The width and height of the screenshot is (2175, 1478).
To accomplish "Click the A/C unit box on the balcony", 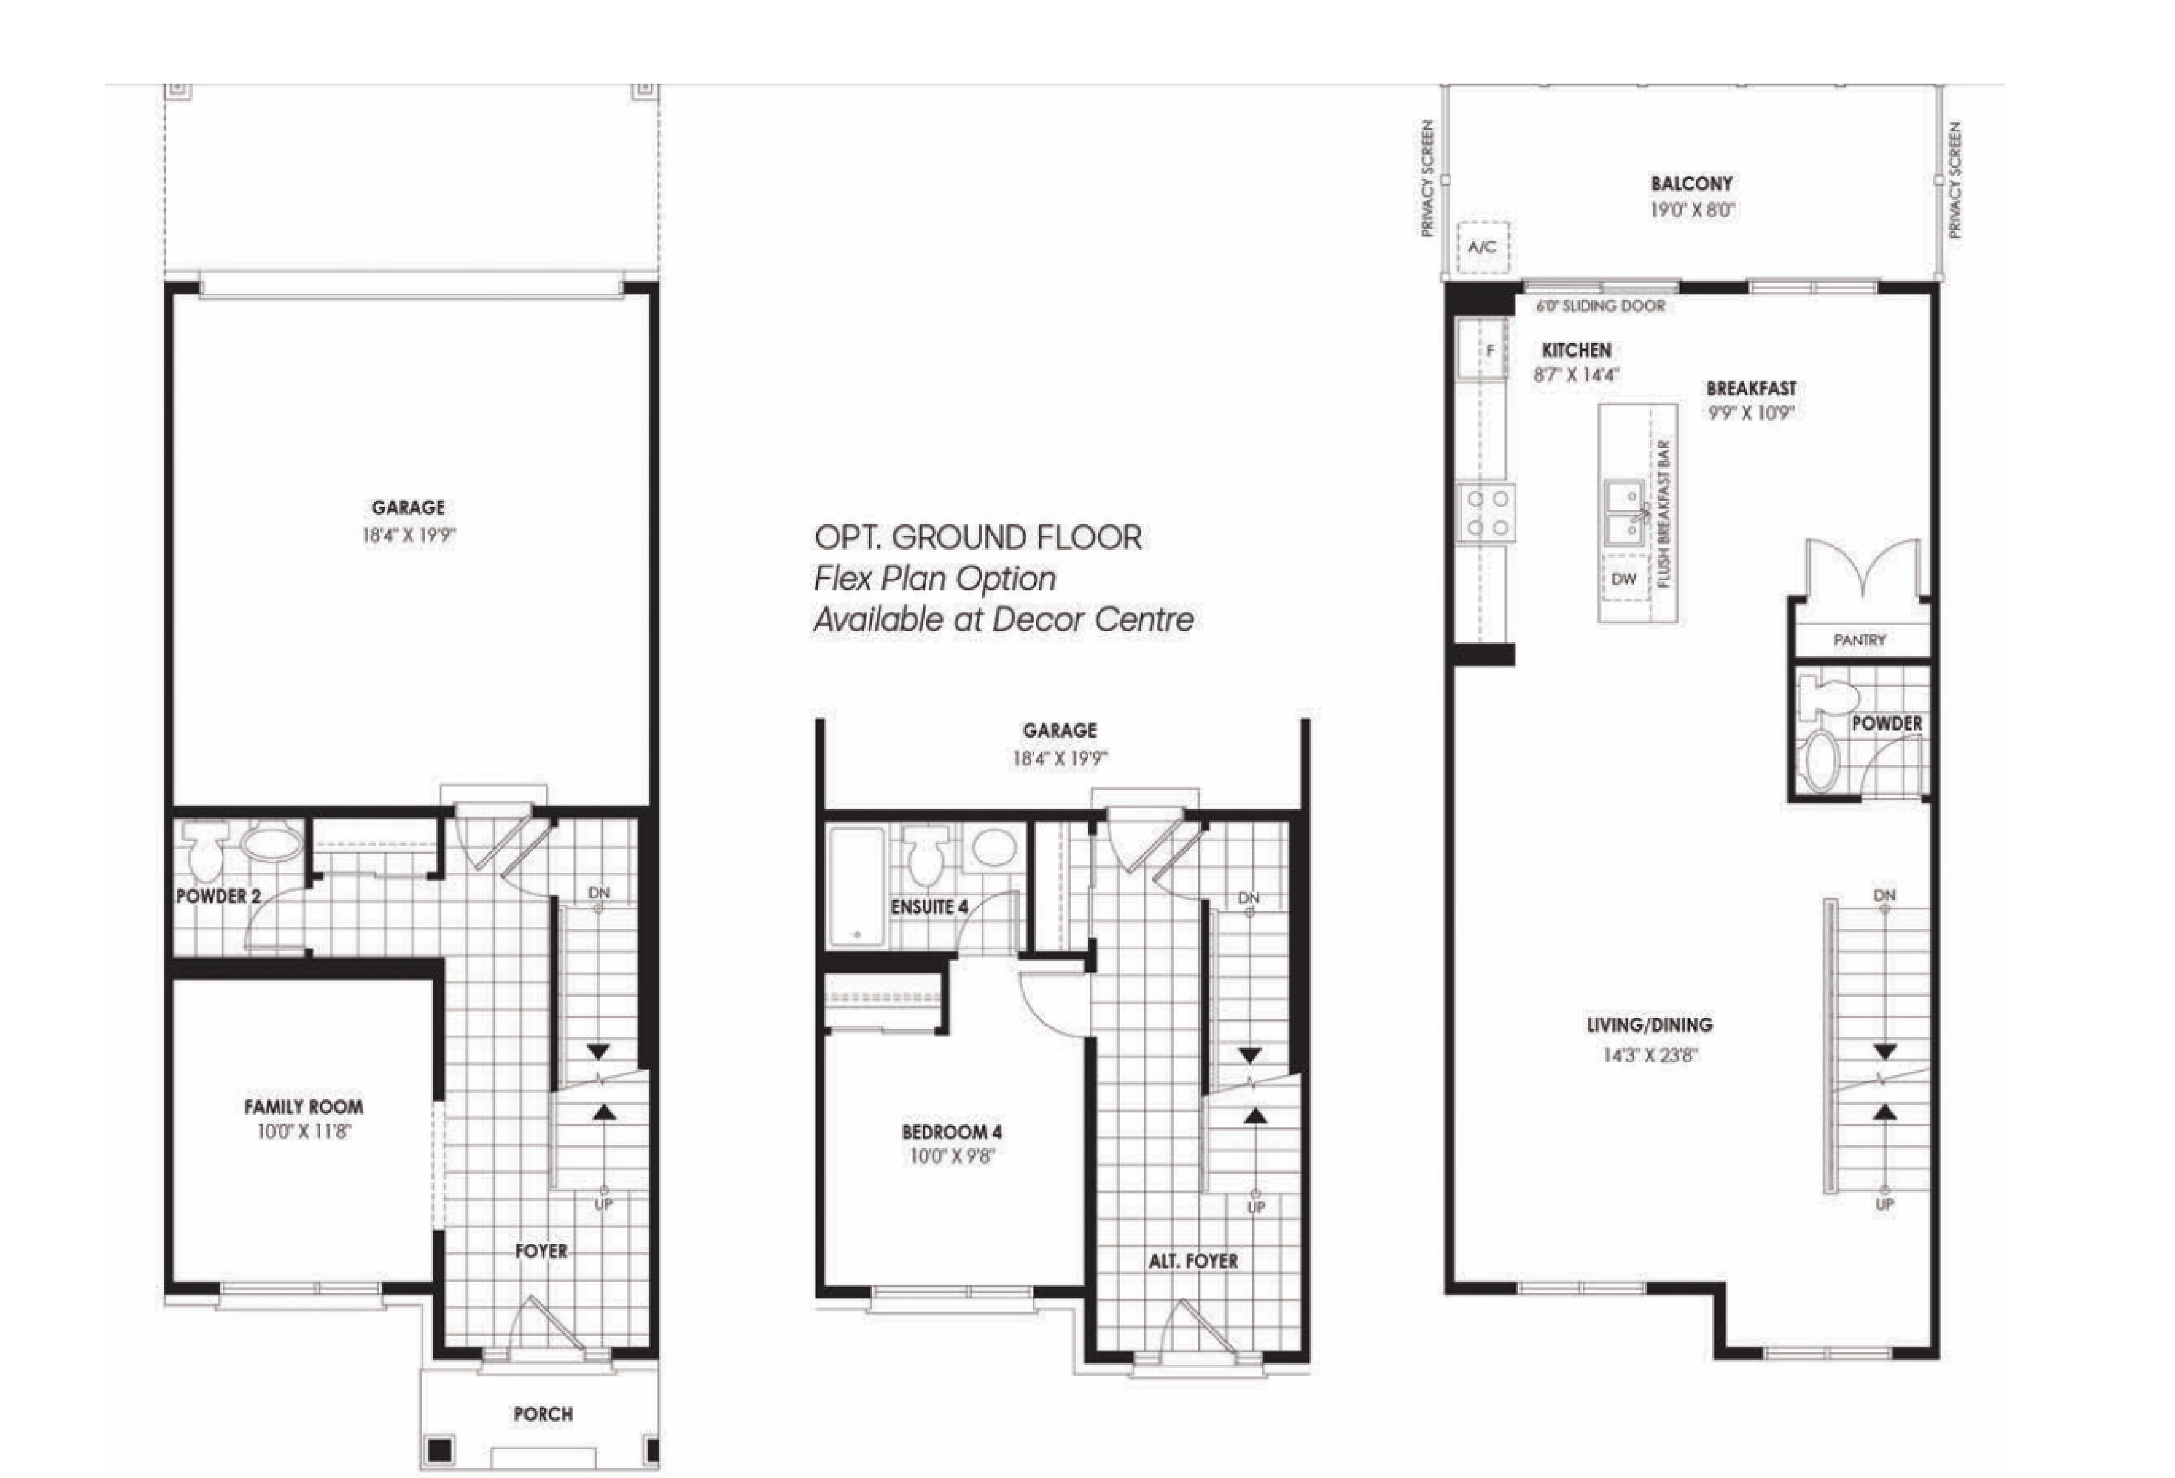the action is click(x=1483, y=247).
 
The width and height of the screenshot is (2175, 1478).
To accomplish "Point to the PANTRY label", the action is click(x=1860, y=640).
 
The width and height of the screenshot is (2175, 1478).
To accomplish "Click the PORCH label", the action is click(x=543, y=1413).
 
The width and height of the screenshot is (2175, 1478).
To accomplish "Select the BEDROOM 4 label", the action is click(x=952, y=1132).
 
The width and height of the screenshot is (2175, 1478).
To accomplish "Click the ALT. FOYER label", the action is click(x=1193, y=1261).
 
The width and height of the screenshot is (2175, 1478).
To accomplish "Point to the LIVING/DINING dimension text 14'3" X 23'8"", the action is click(x=1650, y=1055).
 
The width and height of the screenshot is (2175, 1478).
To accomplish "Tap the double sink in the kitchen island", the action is click(x=1626, y=513).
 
